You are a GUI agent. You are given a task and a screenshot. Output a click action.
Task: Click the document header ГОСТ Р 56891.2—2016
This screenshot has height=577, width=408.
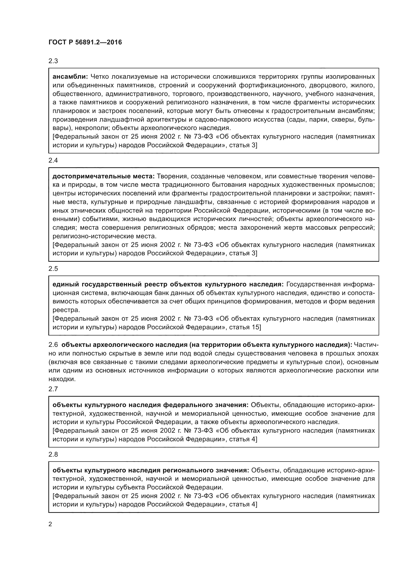[x=85, y=42]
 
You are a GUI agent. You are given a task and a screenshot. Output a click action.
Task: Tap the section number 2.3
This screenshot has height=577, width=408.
[x=53, y=61]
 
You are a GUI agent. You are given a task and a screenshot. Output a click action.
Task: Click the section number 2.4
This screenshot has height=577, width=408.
[x=53, y=161]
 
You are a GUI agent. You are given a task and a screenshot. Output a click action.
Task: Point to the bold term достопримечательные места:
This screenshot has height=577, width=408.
[x=104, y=176]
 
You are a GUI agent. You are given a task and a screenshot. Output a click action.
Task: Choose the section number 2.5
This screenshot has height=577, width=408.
[x=53, y=269]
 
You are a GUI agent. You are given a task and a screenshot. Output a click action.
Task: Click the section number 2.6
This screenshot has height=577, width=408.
[x=53, y=345]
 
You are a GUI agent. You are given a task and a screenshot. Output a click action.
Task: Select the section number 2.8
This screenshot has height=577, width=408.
[x=53, y=454]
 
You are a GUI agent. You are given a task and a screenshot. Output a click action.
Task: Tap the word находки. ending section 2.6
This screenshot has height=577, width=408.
[x=62, y=379]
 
